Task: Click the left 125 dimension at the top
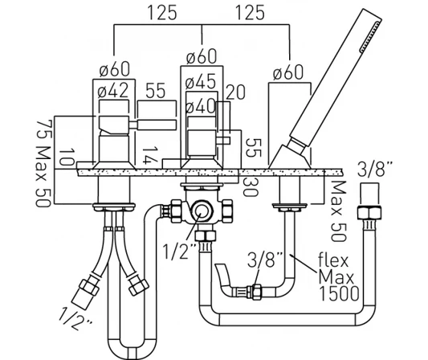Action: (162, 13)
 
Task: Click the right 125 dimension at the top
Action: (250, 13)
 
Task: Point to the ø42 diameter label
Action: (113, 91)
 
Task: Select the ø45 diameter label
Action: (201, 81)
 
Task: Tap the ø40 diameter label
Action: (201, 106)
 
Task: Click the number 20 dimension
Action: (235, 92)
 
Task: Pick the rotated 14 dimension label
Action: (147, 156)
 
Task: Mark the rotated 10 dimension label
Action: (67, 157)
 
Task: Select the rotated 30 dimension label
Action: (250, 186)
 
